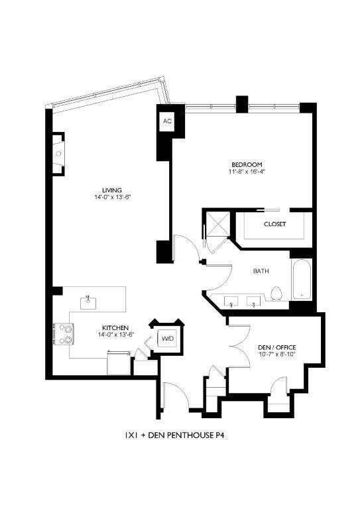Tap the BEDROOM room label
tap(247, 164)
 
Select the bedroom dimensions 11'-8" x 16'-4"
tap(247, 172)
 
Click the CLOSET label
tap(274, 224)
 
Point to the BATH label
tap(261, 271)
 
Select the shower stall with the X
tap(215, 225)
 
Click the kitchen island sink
tap(88, 302)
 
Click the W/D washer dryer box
tap(168, 339)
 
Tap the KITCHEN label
tap(115, 327)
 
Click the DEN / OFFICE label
tap(276, 347)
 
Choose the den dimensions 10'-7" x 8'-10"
tap(276, 355)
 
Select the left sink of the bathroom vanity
tap(231, 302)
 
